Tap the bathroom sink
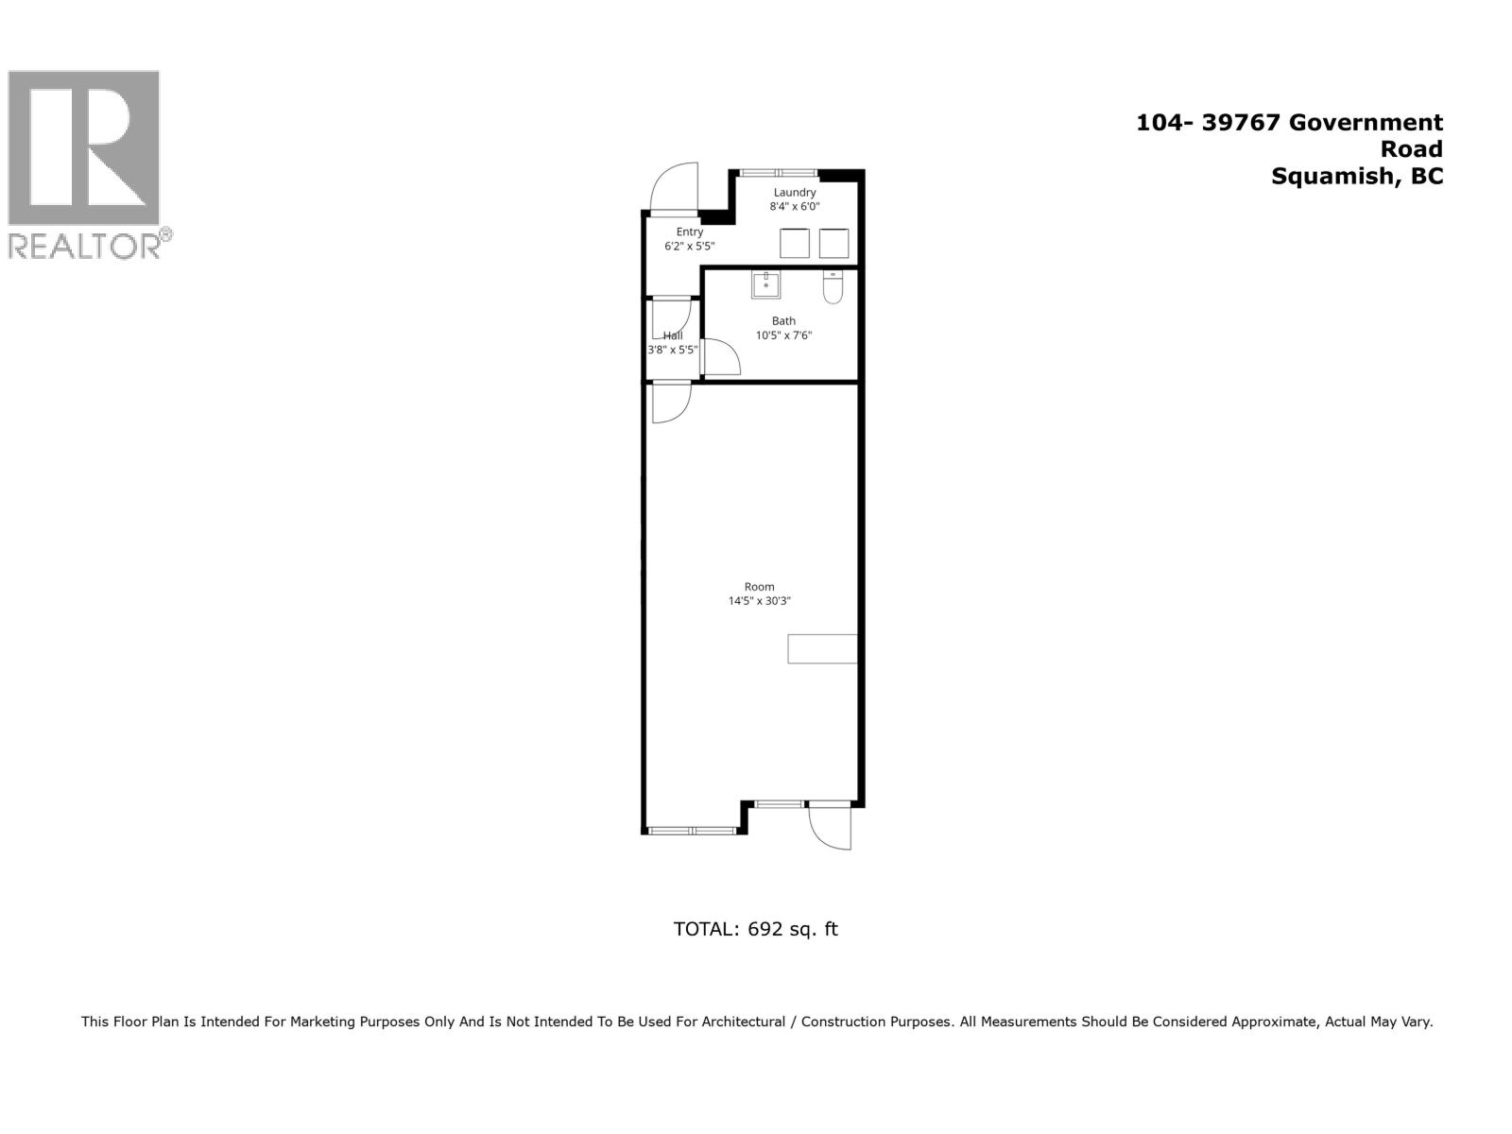(765, 283)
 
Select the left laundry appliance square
(795, 243)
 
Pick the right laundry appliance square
(833, 243)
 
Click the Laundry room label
(794, 192)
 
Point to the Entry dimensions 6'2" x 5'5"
(689, 246)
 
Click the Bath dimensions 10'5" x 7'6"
(783, 335)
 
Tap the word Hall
(673, 335)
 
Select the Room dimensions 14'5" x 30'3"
(759, 600)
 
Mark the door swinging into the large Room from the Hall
(671, 402)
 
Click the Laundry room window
(778, 173)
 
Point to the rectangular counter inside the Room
(822, 648)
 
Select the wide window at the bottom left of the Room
(692, 831)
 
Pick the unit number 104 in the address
(1157, 122)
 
